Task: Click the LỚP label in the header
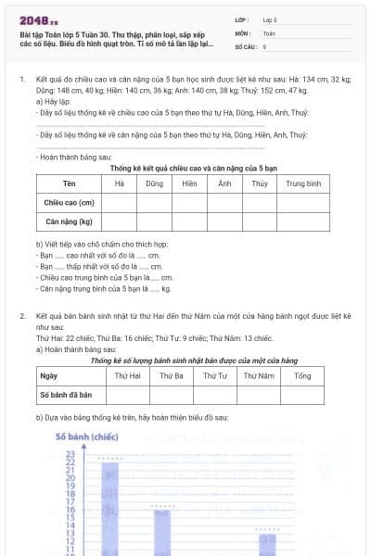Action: [x=242, y=19]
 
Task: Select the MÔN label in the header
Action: [x=243, y=32]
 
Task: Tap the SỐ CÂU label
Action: [x=245, y=45]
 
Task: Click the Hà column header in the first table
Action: [x=119, y=184]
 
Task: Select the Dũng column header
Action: [x=154, y=184]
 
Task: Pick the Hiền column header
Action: [x=189, y=184]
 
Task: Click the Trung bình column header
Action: [x=303, y=184]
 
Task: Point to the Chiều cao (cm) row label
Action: [x=69, y=203]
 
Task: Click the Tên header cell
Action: [x=69, y=184]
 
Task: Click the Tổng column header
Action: [x=302, y=375]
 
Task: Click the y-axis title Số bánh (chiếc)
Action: [x=88, y=436]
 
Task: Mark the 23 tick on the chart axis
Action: [x=70, y=455]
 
